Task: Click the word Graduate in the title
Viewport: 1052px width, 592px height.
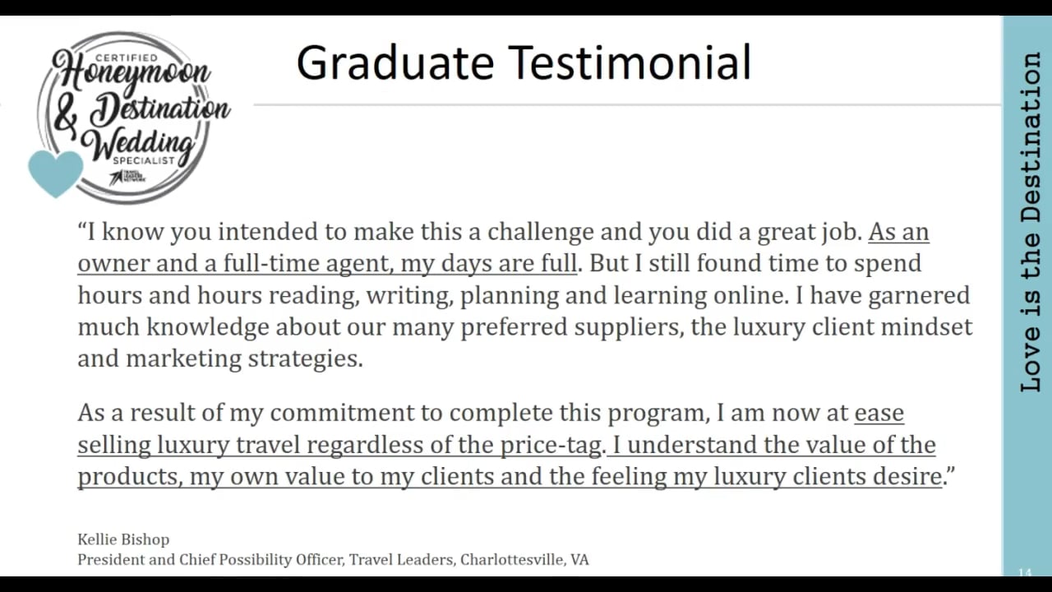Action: pos(394,63)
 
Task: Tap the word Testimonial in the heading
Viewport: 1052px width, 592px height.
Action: pos(630,63)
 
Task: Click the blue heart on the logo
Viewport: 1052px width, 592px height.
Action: pos(56,172)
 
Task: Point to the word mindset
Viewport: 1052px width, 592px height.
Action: pos(926,327)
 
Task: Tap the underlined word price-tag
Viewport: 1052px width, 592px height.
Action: pos(551,446)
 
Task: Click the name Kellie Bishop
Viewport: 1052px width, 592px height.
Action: pos(123,539)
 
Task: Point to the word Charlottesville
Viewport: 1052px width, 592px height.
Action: pos(512,560)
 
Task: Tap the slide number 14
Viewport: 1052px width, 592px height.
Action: pos(1024,572)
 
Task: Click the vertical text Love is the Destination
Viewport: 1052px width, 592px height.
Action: pos(1031,222)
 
